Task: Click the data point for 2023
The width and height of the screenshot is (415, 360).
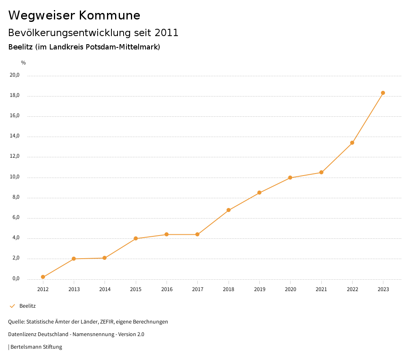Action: [x=383, y=93]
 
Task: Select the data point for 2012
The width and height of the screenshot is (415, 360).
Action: [x=43, y=277]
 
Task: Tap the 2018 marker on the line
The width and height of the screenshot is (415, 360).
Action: [x=229, y=210]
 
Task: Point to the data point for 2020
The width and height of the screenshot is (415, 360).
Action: [x=290, y=178]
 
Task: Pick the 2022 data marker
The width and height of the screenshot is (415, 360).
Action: [x=352, y=143]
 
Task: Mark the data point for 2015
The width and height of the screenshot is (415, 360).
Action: [x=136, y=238]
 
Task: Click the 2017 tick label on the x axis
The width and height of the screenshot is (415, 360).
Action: [x=197, y=289]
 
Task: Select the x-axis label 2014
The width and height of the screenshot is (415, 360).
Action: [x=105, y=289]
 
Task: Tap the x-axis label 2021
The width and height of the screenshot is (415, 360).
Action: [x=321, y=289]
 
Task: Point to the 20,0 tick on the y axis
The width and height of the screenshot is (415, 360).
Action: [x=15, y=75]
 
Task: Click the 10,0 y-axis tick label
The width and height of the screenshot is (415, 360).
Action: [x=15, y=177]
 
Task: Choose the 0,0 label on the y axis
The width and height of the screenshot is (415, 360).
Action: [x=16, y=279]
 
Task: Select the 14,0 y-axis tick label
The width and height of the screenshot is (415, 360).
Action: [x=15, y=136]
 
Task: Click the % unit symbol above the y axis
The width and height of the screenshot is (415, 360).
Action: [x=24, y=63]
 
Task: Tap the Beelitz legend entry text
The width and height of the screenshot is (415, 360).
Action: [x=28, y=306]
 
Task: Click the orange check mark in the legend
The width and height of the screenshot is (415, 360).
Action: [x=12, y=306]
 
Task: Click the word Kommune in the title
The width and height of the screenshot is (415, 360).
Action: [x=109, y=15]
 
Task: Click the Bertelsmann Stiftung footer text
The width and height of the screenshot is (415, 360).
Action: [x=36, y=347]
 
